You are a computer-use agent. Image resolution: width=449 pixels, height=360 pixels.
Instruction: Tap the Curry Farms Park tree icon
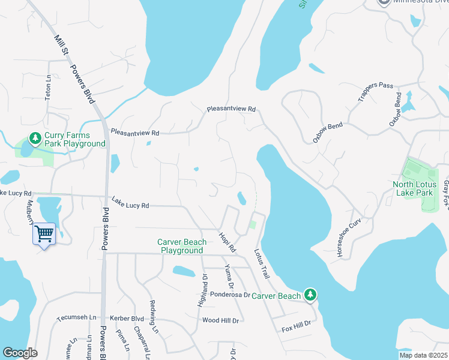pyautogui.click(x=35, y=139)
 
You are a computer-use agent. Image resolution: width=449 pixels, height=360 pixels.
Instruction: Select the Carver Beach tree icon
pyautogui.click(x=310, y=295)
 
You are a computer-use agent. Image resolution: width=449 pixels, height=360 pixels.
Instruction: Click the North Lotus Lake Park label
pyautogui.click(x=413, y=188)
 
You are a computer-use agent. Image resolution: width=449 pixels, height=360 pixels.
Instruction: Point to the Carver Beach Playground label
pyautogui.click(x=182, y=246)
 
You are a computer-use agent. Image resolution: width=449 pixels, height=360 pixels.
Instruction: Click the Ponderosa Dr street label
pyautogui.click(x=230, y=295)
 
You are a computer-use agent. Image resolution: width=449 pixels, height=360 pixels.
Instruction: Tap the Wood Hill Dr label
pyautogui.click(x=221, y=321)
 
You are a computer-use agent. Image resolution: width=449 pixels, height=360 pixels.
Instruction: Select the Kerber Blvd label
pyautogui.click(x=127, y=318)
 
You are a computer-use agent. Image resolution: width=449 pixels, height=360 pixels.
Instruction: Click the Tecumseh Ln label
pyautogui.click(x=76, y=317)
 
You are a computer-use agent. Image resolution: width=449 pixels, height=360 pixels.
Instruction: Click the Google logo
pyautogui.click(x=20, y=353)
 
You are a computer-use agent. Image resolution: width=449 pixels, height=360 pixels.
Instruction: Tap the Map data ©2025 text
pyautogui.click(x=424, y=355)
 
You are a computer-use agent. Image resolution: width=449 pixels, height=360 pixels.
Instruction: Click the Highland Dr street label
pyautogui.click(x=202, y=291)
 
